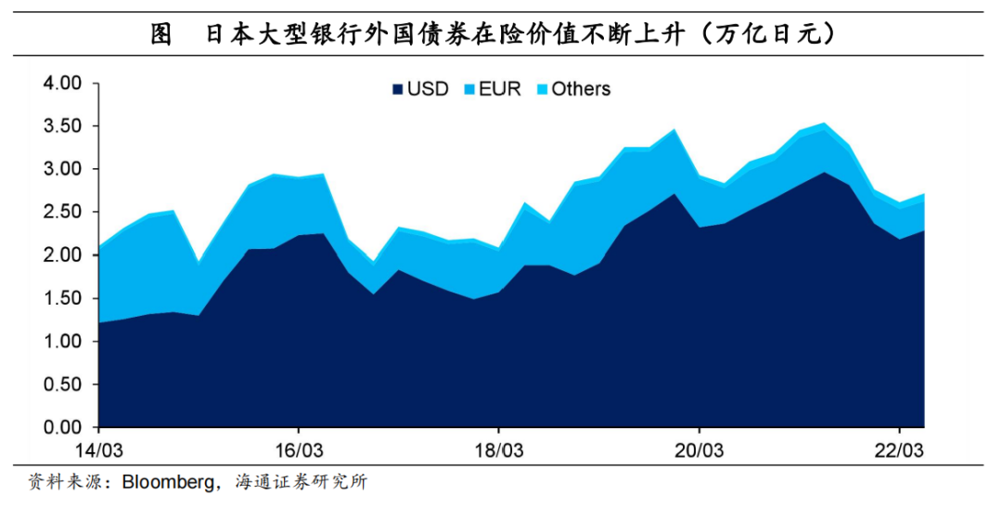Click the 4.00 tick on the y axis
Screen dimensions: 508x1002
(x=63, y=84)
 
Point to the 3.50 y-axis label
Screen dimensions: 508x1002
(x=63, y=126)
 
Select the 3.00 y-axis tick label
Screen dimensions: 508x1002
(x=63, y=169)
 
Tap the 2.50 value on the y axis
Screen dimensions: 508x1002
(x=63, y=213)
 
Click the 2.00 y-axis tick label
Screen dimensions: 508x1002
(x=63, y=255)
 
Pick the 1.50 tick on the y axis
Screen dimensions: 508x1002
(x=63, y=299)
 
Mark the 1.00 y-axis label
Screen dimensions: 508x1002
(x=63, y=342)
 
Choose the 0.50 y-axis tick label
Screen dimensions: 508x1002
(x=63, y=385)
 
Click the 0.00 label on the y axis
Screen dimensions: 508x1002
(x=63, y=428)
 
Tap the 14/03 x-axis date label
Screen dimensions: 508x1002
(x=98, y=449)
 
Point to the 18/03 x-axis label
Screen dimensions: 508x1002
(x=499, y=449)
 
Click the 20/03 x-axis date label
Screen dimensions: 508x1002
(x=699, y=449)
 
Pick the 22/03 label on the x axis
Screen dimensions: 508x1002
(x=899, y=449)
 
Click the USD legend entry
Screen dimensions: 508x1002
(x=420, y=89)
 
